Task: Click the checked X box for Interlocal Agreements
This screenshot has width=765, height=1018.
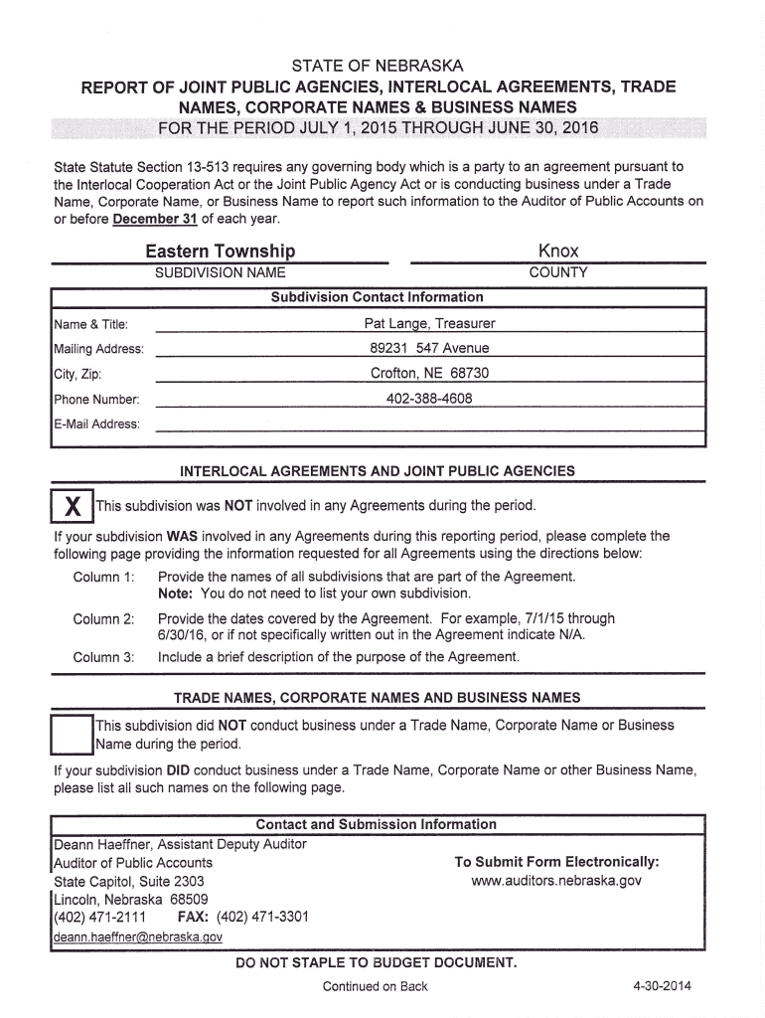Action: tap(72, 506)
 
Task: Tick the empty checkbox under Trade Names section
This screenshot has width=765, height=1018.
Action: tap(72, 734)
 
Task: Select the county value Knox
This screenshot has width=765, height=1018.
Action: tap(558, 251)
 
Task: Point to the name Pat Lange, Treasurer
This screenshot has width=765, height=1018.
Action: tap(429, 324)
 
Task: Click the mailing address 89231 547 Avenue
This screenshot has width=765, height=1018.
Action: tap(429, 348)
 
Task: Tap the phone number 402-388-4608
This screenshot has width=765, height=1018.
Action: tap(429, 399)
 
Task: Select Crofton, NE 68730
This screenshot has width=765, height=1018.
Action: tap(429, 374)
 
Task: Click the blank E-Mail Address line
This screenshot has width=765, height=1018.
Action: tap(429, 424)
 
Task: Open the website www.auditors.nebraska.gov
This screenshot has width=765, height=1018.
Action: tap(556, 881)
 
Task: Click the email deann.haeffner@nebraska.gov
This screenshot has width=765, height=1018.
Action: tap(138, 936)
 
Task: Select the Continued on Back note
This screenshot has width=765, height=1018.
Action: tap(376, 986)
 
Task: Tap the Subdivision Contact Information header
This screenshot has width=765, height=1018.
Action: tap(377, 297)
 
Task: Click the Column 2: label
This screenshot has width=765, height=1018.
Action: tap(103, 618)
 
